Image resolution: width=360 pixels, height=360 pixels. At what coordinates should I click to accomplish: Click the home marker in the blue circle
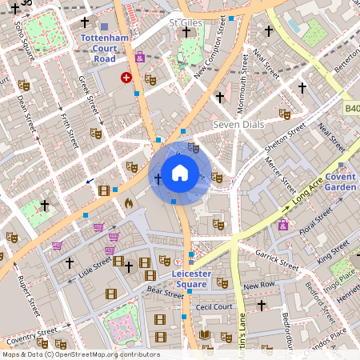click(180, 172)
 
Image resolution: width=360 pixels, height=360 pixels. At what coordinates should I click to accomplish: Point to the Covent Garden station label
click(340, 182)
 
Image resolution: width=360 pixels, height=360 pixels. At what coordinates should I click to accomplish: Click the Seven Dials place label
click(238, 126)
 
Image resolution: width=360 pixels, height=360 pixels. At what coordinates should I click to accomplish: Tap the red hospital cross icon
click(126, 77)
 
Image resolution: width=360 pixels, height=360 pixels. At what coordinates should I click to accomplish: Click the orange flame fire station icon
click(127, 203)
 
